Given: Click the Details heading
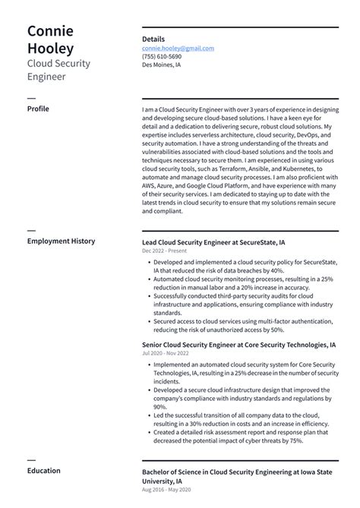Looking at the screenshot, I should pyautogui.click(x=153, y=39).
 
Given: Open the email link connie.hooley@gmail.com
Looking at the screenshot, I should pyautogui.click(x=178, y=48).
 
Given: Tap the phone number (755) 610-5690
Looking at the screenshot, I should pyautogui.click(x=162, y=56).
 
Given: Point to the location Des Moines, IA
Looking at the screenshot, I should pyautogui.click(x=162, y=65).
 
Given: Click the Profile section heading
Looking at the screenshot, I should pyautogui.click(x=38, y=109).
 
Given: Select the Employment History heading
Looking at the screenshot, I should pyautogui.click(x=61, y=241).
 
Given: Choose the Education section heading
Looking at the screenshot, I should pyautogui.click(x=43, y=471).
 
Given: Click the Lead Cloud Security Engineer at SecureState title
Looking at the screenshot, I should pyautogui.click(x=213, y=241).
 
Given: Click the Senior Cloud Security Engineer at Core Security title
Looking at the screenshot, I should pyautogui.click(x=238, y=344).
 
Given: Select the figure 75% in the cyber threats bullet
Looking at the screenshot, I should pyautogui.click(x=295, y=440).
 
